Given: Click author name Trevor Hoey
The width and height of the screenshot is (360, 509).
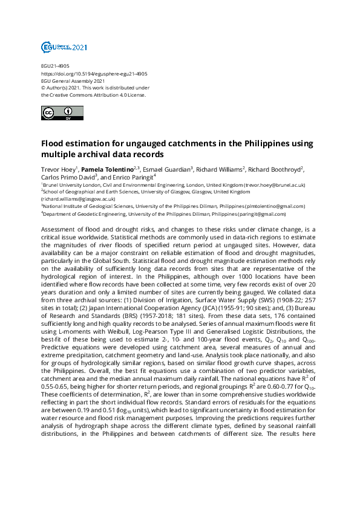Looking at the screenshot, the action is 58,169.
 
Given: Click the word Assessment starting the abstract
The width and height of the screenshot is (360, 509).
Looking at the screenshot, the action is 59,231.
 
